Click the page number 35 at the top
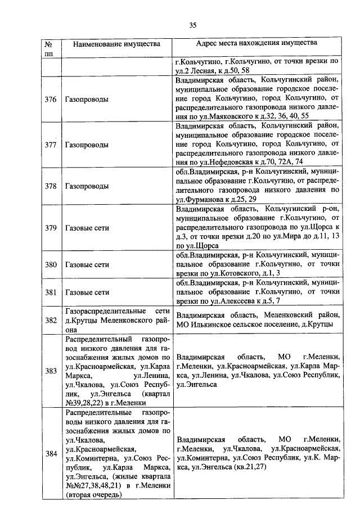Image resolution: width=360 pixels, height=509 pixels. pos(192,25)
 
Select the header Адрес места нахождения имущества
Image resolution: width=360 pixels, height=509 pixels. pos(256,43)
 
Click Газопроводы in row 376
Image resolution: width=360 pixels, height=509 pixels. pos(87,100)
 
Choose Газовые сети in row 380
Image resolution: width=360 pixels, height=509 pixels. pos(87,264)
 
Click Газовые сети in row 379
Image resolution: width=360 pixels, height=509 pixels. pos(87,228)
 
